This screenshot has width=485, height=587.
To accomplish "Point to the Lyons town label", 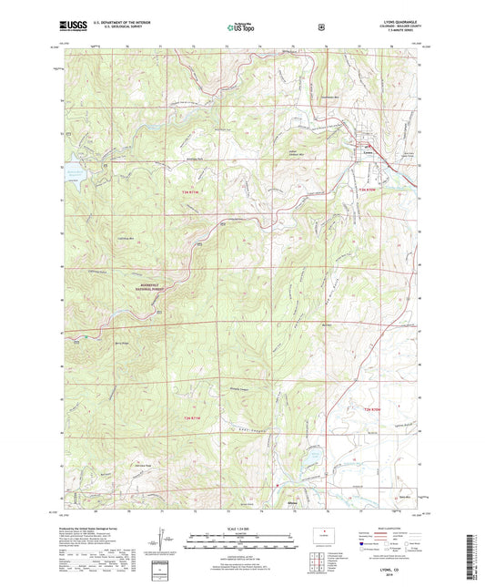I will [x=369, y=152].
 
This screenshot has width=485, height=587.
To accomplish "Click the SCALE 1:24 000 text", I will [x=242, y=530].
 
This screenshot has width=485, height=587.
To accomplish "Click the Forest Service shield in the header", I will [x=320, y=27].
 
